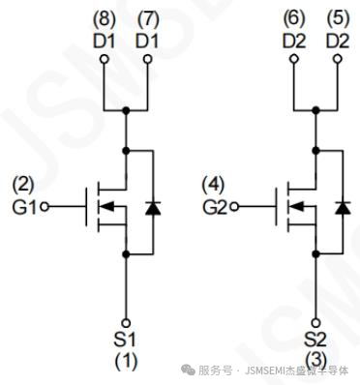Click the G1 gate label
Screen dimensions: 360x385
tap(24, 207)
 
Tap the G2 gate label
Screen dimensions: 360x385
tap(215, 207)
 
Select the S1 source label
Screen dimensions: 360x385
tap(125, 340)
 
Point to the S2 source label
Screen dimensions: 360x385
tap(315, 340)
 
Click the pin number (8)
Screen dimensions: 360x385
tap(105, 19)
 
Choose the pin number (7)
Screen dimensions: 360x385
tap(148, 19)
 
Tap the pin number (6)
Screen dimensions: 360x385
tap(294, 19)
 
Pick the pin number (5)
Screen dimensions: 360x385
tap(338, 19)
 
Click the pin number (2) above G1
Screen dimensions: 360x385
tap(23, 186)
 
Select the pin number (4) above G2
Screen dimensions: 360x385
tap(213, 186)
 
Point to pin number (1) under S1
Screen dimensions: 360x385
tap(127, 361)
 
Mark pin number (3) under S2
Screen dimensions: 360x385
tap(316, 361)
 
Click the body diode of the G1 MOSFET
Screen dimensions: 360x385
tap(153, 208)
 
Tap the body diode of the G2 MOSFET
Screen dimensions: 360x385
tap(343, 208)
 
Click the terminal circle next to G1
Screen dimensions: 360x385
tap(45, 207)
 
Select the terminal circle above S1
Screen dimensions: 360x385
tap(126, 323)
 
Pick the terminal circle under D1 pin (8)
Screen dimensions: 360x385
tap(104, 59)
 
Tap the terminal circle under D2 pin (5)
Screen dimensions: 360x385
tap(338, 59)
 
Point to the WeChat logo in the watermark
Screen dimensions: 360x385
tap(188, 370)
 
